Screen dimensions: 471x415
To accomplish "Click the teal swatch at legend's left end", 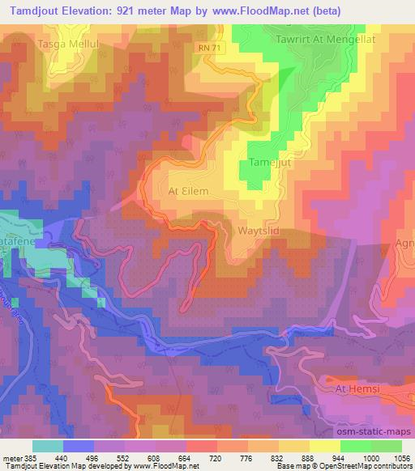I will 48,446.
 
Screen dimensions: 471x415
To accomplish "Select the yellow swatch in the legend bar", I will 325,446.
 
